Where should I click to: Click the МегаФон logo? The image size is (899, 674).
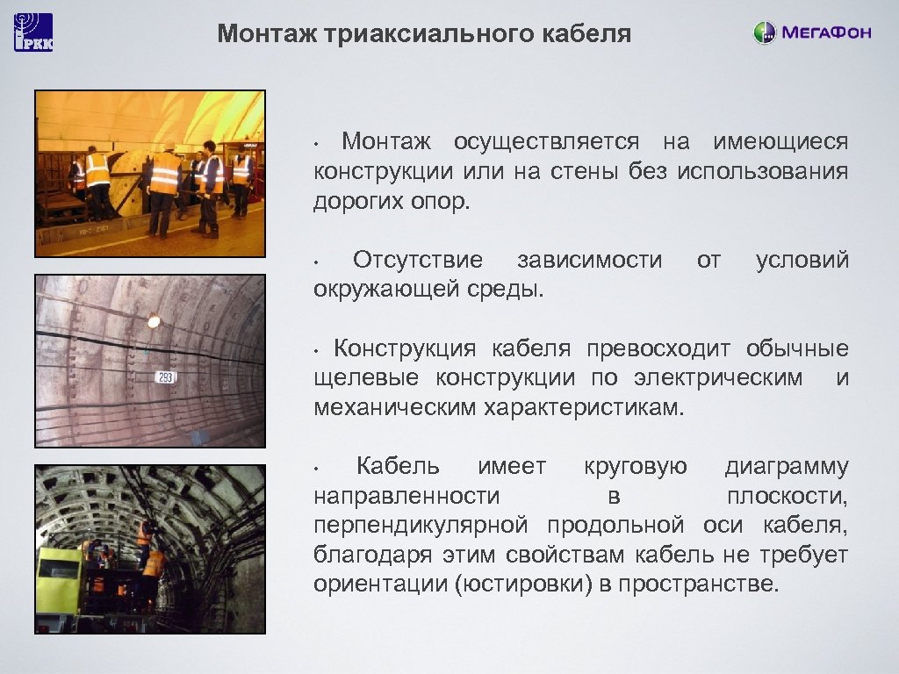click(x=812, y=33)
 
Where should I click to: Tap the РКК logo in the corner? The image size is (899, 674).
click(x=33, y=32)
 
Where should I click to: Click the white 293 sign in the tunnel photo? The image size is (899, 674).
click(x=165, y=377)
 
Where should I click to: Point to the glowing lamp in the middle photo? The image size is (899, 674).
click(x=155, y=321)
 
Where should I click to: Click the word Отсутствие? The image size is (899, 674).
click(x=417, y=260)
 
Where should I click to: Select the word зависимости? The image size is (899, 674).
click(x=589, y=260)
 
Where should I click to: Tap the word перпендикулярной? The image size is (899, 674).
click(x=421, y=526)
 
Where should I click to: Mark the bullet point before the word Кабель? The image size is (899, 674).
click(x=320, y=467)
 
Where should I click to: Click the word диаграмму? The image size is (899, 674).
click(x=787, y=466)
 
